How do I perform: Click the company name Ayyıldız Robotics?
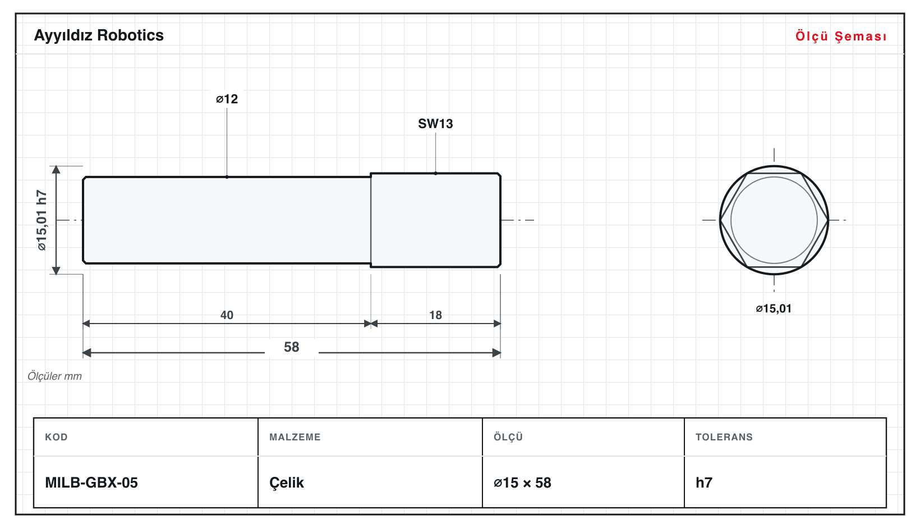99,36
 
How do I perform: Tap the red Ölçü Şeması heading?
841,36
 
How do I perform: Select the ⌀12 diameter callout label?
227,99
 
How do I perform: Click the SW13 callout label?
435,124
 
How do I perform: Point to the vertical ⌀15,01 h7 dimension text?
42,220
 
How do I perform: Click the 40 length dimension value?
227,315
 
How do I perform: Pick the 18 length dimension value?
435,315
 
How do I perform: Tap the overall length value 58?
292,347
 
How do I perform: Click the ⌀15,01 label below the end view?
774,308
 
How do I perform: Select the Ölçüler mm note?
54,376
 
